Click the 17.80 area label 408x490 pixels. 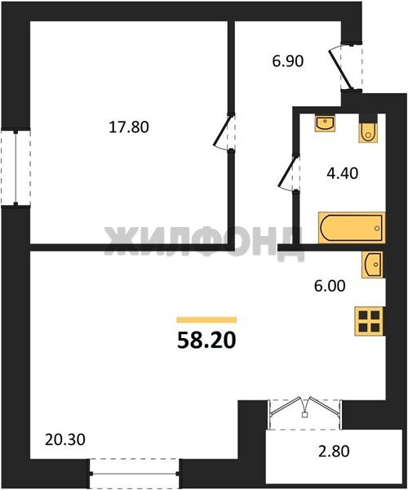129,127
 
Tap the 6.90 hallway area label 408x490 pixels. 287,61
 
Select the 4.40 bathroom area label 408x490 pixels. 342,173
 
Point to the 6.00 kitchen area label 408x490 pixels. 330,286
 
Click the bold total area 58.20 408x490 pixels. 206,341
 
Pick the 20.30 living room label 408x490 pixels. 65,440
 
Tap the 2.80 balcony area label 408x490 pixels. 334,452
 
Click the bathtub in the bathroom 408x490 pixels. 352,228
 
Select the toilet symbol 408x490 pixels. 368,130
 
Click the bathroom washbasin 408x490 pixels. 325,123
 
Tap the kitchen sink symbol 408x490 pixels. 372,265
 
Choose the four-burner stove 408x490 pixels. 369,321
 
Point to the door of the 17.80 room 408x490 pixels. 224,132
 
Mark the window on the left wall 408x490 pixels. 16,167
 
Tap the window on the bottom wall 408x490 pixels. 134,474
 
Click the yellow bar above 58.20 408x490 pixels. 206,319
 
